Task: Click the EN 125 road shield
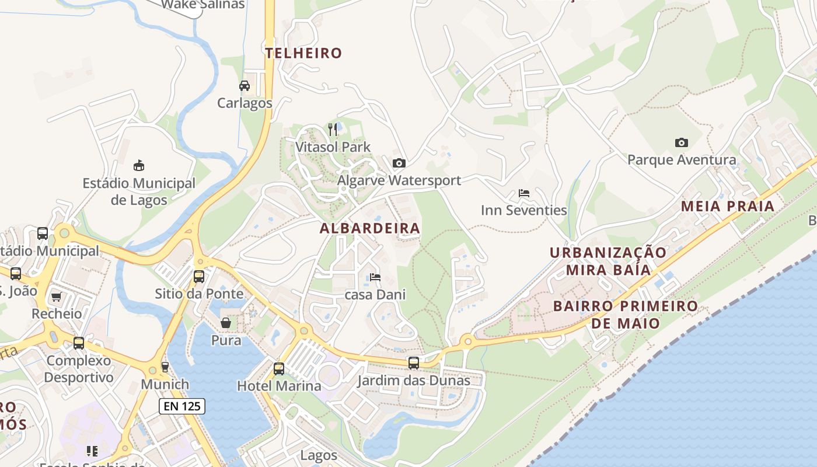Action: tap(182, 406)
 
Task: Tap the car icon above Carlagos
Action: tap(245, 86)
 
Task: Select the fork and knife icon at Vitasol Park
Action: tap(333, 129)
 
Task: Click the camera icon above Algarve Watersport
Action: tap(399, 163)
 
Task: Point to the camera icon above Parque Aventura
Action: tap(681, 142)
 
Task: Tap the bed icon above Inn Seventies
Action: tap(523, 193)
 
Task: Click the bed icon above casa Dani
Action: tap(375, 277)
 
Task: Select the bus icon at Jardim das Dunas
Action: tap(413, 363)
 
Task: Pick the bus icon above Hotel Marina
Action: tap(279, 368)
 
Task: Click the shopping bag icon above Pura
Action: tap(226, 323)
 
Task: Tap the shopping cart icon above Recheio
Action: tap(56, 297)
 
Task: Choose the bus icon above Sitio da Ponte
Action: tap(199, 276)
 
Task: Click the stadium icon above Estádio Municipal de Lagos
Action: tap(138, 166)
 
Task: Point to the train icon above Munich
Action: tap(165, 367)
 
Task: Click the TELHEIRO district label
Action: tap(303, 53)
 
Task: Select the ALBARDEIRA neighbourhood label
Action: tap(370, 228)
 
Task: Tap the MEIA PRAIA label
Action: tap(728, 206)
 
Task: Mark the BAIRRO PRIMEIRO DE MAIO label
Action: tap(625, 315)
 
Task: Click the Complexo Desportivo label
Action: tap(79, 369)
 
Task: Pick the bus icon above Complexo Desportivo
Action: tap(79, 343)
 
